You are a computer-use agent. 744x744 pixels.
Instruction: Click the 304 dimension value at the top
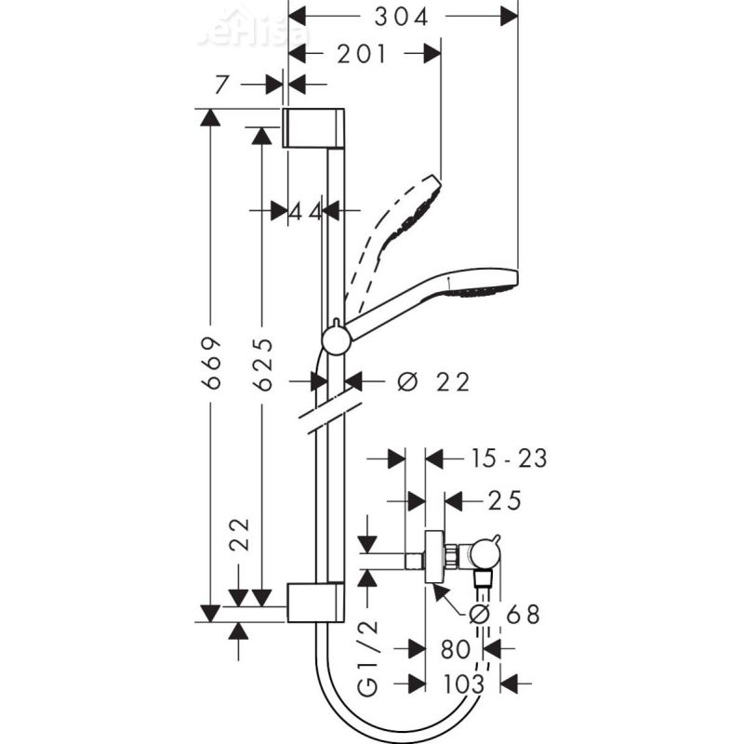point(403,16)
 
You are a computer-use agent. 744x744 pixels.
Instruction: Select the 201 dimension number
point(362,54)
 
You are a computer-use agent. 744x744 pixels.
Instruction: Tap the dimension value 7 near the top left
point(220,85)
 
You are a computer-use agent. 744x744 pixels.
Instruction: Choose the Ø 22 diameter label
point(432,381)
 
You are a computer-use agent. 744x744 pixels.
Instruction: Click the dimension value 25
point(506,502)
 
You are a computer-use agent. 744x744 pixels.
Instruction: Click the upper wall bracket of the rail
point(314,128)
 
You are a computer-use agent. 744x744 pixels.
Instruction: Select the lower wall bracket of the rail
point(315,602)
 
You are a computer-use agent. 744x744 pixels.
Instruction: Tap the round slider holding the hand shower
point(336,339)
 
